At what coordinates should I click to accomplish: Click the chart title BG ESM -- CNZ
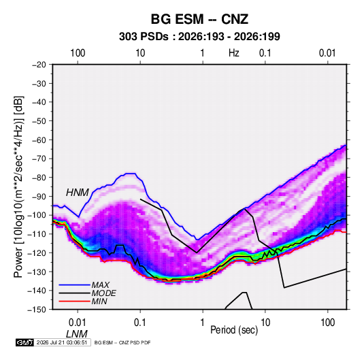point(199,19)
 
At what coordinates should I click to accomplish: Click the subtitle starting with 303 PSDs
point(199,37)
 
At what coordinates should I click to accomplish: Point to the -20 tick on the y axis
point(39,65)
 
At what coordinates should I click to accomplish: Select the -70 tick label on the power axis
point(39,159)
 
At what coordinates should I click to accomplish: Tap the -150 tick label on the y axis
point(37,310)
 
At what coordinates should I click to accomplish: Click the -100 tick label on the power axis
point(37,215)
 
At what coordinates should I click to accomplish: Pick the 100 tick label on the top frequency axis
point(78,53)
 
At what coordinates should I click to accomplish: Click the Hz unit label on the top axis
point(234,53)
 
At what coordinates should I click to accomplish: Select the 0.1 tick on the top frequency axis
point(265,53)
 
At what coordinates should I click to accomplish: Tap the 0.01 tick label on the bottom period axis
point(78,323)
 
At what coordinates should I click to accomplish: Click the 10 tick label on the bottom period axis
point(265,323)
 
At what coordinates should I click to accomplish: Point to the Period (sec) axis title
point(234,330)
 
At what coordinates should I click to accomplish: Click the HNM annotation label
point(78,193)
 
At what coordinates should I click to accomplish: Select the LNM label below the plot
point(77,334)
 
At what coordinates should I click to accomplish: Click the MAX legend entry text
point(100,284)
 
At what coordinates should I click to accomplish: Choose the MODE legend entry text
point(104,293)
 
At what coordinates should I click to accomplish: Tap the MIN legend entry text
point(99,301)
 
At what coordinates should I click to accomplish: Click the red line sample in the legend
point(74,301)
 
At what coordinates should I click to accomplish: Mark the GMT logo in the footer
point(24,342)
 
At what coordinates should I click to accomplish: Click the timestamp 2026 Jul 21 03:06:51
point(62,342)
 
